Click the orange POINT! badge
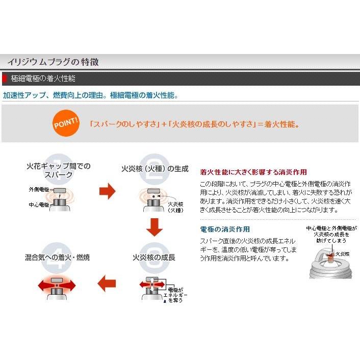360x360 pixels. coord(66,124)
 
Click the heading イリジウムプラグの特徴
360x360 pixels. coord(53,62)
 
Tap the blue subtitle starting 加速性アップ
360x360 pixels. coord(90,95)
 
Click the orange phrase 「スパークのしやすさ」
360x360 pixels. coord(124,124)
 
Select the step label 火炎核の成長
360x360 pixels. coord(153,258)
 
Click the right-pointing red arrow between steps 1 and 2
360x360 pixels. coord(107,192)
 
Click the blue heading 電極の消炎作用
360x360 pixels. coord(225,229)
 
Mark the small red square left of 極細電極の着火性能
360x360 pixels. coord(5,79)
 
